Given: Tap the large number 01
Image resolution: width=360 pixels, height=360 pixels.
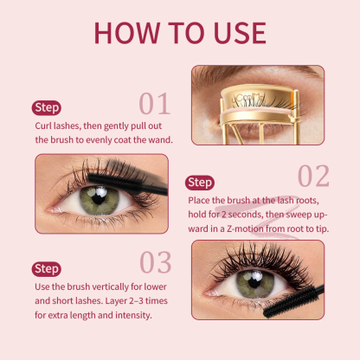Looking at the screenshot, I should click(x=155, y=104).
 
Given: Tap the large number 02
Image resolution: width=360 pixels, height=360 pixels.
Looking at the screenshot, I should click(x=313, y=175).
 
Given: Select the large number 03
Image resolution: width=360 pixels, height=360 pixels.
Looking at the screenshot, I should click(x=155, y=261).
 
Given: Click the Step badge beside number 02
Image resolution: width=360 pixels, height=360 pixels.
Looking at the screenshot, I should click(x=200, y=183).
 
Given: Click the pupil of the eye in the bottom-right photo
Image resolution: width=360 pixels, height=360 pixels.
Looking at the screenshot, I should click(x=254, y=281).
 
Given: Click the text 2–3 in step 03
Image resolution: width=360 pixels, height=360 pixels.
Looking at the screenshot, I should click(x=119, y=301).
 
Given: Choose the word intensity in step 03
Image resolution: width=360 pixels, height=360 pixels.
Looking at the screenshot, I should click(x=131, y=315).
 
